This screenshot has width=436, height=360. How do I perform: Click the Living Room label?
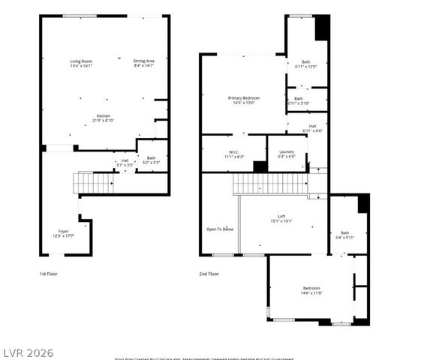(80, 63)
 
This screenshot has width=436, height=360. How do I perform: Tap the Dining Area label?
(143, 63)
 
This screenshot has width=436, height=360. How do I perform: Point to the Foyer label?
(64, 233)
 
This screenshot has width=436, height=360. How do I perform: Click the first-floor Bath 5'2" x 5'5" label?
(152, 160)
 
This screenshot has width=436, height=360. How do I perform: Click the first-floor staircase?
(93, 182)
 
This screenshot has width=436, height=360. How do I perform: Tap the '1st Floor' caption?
(49, 274)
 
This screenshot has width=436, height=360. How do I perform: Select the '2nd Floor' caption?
(209, 274)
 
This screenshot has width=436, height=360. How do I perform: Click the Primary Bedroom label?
(245, 100)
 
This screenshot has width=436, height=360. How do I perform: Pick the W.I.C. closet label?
(233, 154)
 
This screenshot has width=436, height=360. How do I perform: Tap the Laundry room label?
(286, 154)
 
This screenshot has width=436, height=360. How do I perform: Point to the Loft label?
(281, 218)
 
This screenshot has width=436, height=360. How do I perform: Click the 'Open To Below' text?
(220, 229)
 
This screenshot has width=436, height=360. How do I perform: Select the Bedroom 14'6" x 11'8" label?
(311, 290)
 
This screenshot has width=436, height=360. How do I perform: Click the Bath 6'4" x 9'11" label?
(345, 235)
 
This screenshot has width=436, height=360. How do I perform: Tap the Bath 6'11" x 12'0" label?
(306, 64)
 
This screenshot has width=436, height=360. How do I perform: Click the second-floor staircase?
(270, 184)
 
